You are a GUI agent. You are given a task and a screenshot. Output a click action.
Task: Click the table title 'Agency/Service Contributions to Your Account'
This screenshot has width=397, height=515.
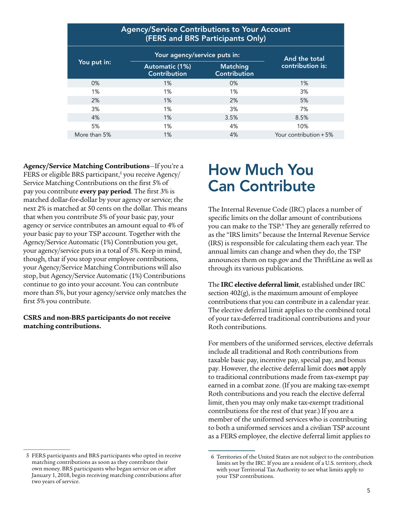205,30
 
